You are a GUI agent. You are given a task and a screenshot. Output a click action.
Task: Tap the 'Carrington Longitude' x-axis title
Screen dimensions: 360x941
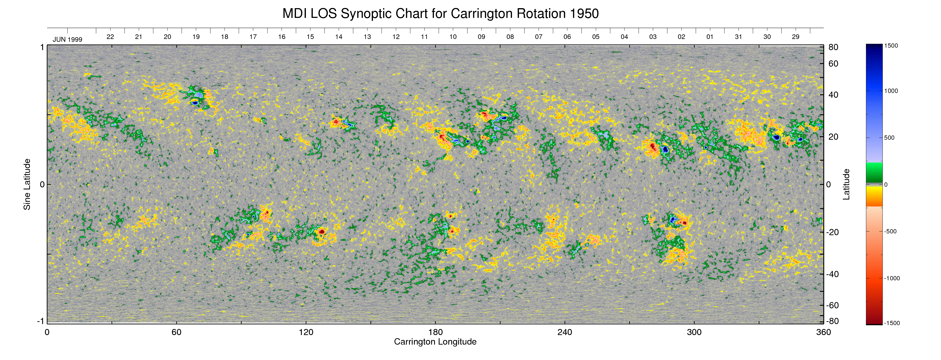pos(435,342)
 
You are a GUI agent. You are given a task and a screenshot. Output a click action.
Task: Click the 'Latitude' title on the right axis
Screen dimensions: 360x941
pos(846,184)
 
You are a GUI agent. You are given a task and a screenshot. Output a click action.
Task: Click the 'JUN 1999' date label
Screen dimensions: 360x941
pos(68,39)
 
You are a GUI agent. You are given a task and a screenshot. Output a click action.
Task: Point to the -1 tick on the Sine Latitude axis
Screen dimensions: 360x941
pos(40,321)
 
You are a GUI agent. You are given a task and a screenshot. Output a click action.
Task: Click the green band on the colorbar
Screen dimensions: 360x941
pos(874,172)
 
